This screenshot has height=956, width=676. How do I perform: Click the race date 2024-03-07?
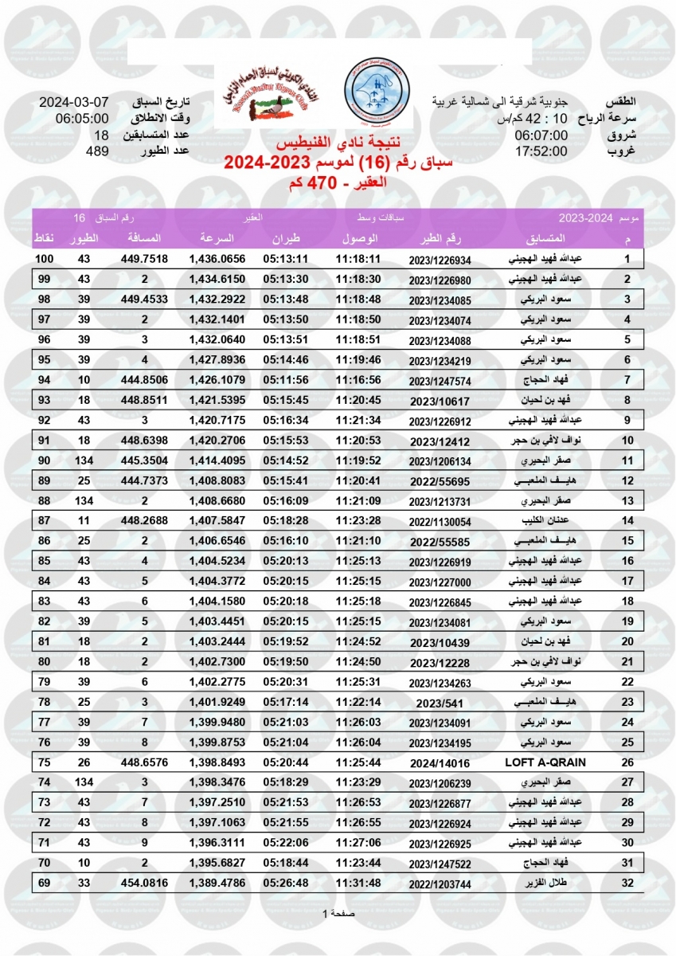74,104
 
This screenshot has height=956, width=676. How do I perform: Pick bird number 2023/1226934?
440,260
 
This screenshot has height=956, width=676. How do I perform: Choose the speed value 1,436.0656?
217,260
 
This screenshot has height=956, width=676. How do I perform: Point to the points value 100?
44,260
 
